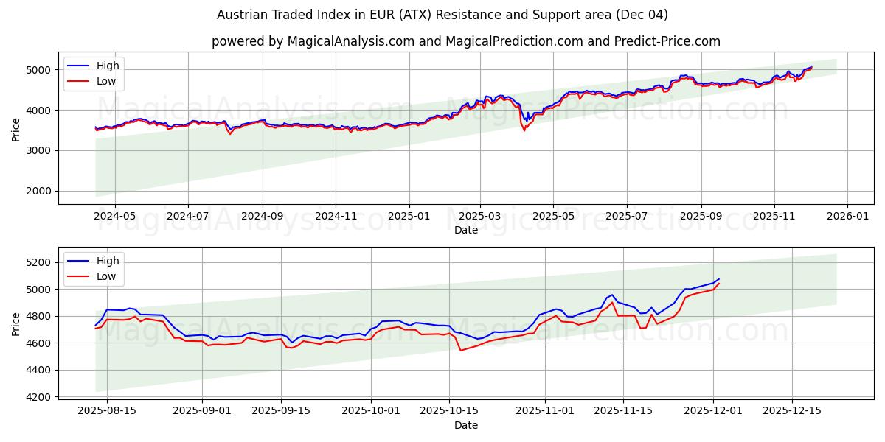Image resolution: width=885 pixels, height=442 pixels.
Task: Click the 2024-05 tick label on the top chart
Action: pos(114,217)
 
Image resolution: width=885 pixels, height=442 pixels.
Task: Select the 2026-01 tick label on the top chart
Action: pos(847,217)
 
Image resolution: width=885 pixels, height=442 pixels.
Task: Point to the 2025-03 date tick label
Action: pos(480,217)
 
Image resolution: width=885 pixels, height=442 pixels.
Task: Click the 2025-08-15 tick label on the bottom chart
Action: pos(107,411)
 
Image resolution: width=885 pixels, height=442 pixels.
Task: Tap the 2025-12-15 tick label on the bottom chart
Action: pos(791,411)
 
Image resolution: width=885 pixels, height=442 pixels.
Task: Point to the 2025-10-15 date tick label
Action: pos(449,411)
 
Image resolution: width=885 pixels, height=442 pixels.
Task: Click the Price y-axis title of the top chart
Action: pos(16,128)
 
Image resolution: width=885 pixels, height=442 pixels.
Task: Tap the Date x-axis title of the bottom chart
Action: pos(465,425)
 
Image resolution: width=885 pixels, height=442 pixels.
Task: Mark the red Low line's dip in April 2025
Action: pos(524,130)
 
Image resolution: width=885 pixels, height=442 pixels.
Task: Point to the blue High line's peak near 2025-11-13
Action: pos(612,295)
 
